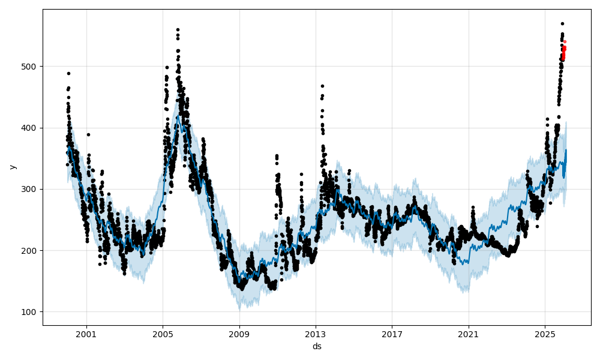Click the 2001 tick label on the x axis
[86, 334]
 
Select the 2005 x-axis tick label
[163, 334]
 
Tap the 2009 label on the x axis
[239, 334]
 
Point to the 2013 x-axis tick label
[316, 334]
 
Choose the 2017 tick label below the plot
[392, 334]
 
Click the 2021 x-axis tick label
[469, 334]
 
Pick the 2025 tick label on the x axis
[545, 334]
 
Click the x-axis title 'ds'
[317, 346]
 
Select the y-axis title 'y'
[12, 167]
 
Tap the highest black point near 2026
[562, 23]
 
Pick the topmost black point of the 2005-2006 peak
[178, 29]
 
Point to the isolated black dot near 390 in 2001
[88, 134]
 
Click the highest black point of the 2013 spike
[322, 86]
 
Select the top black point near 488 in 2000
[68, 73]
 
